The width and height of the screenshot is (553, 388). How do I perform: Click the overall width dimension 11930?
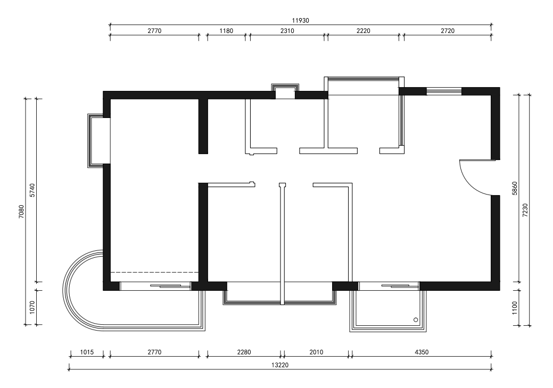(x=300, y=20)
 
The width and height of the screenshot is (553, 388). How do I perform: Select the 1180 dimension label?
(x=226, y=31)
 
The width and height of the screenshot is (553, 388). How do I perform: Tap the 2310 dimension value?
(x=287, y=31)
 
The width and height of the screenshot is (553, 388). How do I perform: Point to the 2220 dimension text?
(x=364, y=31)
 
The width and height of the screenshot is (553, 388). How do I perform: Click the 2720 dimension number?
(x=448, y=31)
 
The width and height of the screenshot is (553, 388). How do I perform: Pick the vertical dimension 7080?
(x=21, y=212)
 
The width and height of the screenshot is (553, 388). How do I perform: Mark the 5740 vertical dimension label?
(x=32, y=190)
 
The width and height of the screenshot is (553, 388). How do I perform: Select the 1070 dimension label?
(x=32, y=307)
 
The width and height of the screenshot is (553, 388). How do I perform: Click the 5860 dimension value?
(x=515, y=188)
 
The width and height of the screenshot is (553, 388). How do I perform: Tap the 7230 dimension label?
(x=525, y=210)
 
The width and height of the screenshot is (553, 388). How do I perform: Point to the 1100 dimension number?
(x=515, y=308)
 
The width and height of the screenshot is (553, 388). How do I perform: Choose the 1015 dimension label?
(x=87, y=352)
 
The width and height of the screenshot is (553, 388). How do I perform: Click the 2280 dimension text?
(x=244, y=352)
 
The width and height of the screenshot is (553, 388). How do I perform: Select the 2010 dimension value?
(x=316, y=352)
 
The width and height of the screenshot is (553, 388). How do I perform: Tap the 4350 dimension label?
(x=422, y=352)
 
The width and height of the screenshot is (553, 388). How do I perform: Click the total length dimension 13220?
(x=279, y=365)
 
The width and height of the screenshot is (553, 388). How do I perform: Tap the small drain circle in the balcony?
(x=416, y=319)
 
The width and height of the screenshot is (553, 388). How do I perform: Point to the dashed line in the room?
(x=154, y=273)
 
